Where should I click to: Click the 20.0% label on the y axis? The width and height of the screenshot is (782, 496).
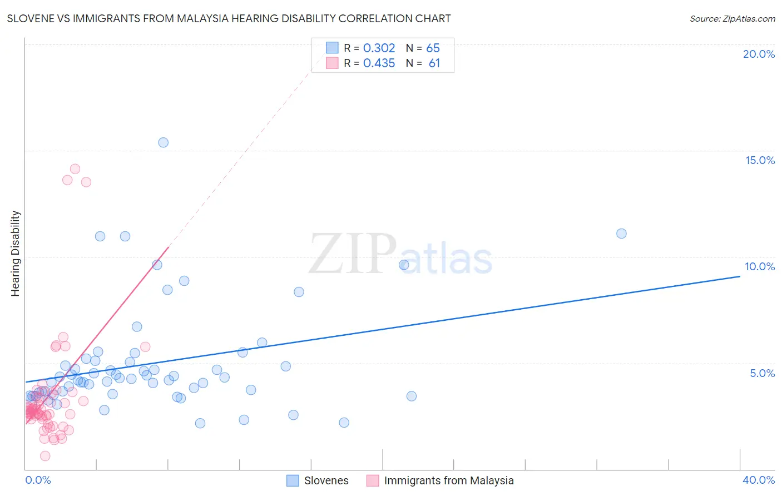click(759, 54)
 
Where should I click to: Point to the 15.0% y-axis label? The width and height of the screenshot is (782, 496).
click(760, 160)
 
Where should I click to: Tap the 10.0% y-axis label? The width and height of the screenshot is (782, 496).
click(760, 266)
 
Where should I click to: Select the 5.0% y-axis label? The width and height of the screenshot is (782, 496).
click(762, 373)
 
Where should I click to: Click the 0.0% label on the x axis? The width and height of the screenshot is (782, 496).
click(38, 480)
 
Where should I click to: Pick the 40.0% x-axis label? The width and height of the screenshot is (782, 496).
click(759, 480)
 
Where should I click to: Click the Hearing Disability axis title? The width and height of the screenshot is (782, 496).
click(16, 254)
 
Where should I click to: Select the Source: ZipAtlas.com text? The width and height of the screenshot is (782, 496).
click(732, 18)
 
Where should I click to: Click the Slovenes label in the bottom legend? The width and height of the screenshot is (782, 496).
click(326, 480)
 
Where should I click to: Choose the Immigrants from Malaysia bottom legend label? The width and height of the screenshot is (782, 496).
click(449, 480)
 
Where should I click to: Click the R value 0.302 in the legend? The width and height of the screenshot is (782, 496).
click(379, 48)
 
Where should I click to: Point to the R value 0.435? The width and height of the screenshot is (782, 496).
click(379, 63)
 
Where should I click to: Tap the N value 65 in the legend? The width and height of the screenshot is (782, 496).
click(433, 48)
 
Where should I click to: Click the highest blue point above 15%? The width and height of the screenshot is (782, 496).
click(163, 142)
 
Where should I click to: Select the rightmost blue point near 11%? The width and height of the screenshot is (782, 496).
click(621, 234)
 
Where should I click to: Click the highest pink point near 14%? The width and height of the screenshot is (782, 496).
click(75, 169)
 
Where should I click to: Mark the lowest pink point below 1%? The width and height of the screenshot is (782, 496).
click(45, 456)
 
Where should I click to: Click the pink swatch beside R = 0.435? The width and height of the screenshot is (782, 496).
click(332, 63)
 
